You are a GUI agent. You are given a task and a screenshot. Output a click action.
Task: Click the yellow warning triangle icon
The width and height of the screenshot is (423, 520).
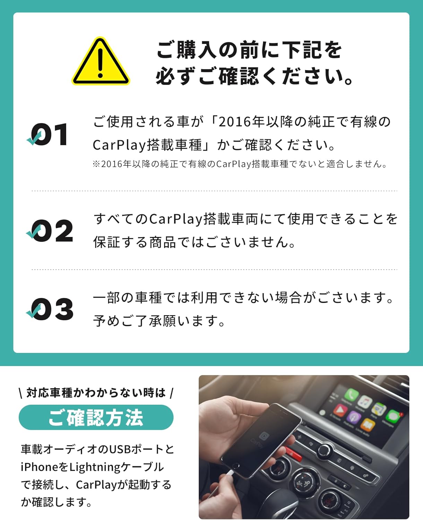[x=101, y=61]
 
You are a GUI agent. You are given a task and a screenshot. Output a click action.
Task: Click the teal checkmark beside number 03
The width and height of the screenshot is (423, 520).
[x=33, y=311]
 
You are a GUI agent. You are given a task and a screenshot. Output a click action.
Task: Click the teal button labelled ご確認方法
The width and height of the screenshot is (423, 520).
[x=96, y=417]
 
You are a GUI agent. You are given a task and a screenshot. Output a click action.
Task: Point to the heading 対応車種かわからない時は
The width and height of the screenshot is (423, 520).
[x=96, y=393]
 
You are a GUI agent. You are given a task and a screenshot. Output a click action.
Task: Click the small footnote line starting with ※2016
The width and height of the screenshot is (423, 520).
[x=240, y=164]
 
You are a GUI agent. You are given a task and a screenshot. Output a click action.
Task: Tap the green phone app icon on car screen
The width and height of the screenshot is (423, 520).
[x=351, y=395]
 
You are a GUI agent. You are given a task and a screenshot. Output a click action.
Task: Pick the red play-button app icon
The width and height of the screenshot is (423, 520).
[x=340, y=410]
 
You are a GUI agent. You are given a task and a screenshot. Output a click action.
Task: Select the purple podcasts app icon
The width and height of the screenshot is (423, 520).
[x=353, y=417]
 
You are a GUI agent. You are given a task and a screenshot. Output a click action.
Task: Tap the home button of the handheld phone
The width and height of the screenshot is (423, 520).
[x=235, y=466]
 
